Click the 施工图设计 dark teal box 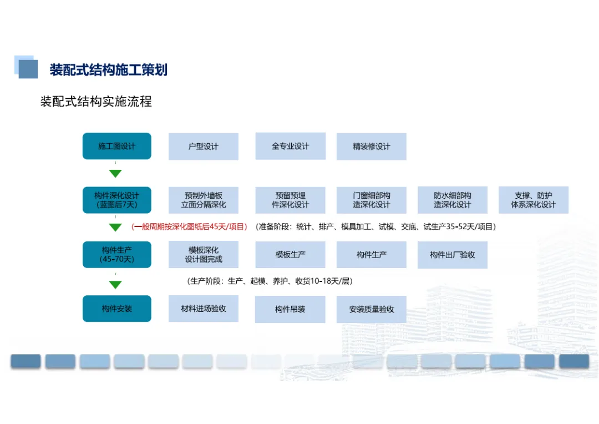[117, 146]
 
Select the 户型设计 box [204, 147]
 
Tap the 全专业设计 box [290, 146]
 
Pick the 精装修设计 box [371, 147]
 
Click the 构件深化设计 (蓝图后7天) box [117, 200]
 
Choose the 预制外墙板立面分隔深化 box [204, 200]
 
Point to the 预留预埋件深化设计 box [290, 200]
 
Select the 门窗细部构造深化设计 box [371, 200]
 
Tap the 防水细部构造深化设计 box [452, 200]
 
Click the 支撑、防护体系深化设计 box [533, 200]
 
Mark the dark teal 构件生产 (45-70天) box [117, 254]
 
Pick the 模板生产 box [290, 255]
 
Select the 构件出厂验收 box [452, 255]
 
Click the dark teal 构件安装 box [117, 309]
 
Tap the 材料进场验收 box [204, 309]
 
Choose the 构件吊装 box [290, 309]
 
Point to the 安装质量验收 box [371, 309]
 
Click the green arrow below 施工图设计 [115, 174]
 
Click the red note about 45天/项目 [189, 226]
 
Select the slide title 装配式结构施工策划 [109, 69]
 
